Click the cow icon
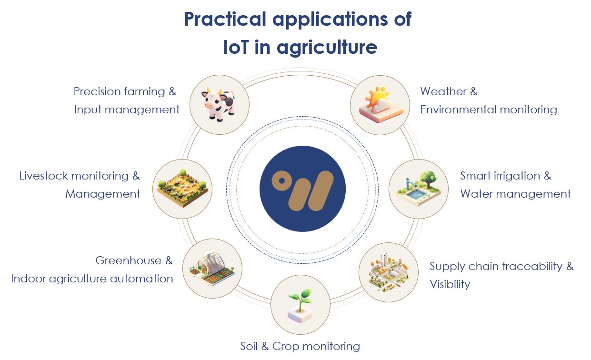click(218, 104)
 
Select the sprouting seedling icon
click(300, 305)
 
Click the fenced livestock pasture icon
click(182, 188)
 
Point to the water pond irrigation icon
click(418, 188)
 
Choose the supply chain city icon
click(389, 273)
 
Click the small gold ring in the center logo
click(282, 180)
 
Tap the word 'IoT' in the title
click(236, 47)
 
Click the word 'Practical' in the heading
click(225, 19)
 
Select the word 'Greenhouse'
click(128, 260)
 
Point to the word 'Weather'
click(443, 91)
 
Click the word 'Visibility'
click(450, 284)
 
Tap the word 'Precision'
click(97, 91)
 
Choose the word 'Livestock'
click(43, 176)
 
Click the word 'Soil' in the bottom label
click(249, 346)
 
